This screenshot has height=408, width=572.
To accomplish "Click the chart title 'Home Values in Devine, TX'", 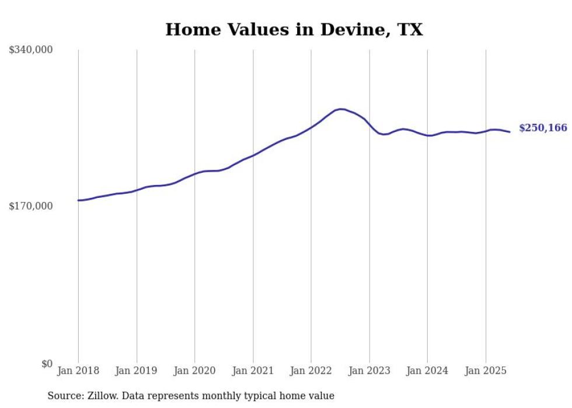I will pyautogui.click(x=294, y=30).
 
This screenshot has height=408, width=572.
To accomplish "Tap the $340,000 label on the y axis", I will pyautogui.click(x=31, y=50).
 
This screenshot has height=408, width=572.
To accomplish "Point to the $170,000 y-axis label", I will pyautogui.click(x=31, y=206).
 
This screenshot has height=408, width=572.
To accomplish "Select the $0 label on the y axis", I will pyautogui.click(x=47, y=364).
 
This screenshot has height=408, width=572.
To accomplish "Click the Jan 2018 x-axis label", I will pyautogui.click(x=78, y=371).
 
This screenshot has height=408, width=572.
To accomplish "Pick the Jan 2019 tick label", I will pyautogui.click(x=137, y=371).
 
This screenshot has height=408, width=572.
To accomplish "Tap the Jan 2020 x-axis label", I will pyautogui.click(x=195, y=371).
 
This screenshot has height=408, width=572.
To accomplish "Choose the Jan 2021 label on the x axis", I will pyautogui.click(x=253, y=371).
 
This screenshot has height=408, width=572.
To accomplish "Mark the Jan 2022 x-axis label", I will pyautogui.click(x=311, y=371).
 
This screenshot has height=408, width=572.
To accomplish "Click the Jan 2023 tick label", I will pyautogui.click(x=369, y=371).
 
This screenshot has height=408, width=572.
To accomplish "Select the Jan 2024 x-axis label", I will pyautogui.click(x=427, y=371).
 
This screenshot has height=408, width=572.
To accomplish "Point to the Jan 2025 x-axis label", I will pyautogui.click(x=486, y=371).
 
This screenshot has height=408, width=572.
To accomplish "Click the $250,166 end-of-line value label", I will pyautogui.click(x=543, y=128).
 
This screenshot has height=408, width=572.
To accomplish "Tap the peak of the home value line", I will pyautogui.click(x=341, y=109).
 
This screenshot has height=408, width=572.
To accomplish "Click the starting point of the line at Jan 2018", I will pyautogui.click(x=78, y=200).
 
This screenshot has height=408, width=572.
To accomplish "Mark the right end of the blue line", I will pyautogui.click(x=510, y=132).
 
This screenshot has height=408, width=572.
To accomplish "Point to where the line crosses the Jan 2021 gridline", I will pyautogui.click(x=253, y=155).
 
